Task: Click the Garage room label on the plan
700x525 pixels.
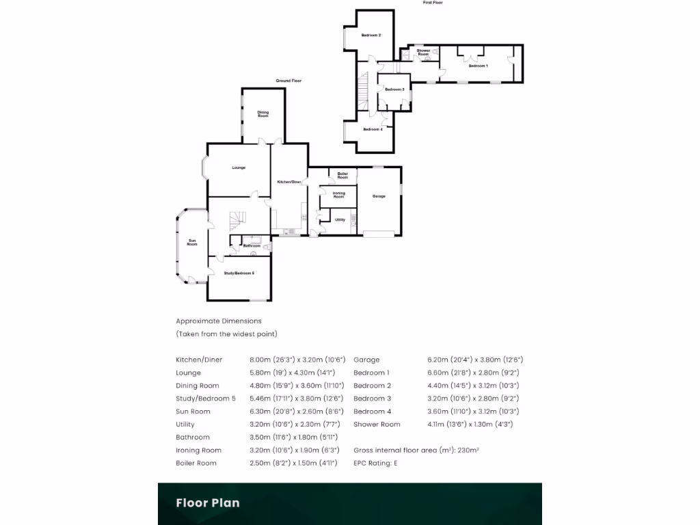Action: (379, 196)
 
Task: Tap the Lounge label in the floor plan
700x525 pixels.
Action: (239, 167)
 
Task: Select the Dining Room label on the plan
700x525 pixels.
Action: (263, 114)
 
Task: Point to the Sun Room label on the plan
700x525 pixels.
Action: (192, 242)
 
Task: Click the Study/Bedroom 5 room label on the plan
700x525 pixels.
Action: (239, 273)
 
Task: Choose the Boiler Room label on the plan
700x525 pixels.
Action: (342, 176)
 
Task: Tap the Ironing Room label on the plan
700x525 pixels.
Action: (339, 195)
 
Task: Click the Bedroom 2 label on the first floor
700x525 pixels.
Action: (371, 35)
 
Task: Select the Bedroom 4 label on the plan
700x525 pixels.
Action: (373, 129)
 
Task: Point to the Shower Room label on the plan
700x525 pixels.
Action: (424, 52)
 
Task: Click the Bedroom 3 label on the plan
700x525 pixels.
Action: (394, 90)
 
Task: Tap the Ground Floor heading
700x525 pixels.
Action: (288, 81)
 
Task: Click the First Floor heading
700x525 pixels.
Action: (433, 3)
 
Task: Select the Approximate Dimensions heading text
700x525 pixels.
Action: (219, 321)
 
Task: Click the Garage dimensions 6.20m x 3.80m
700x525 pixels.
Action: (475, 360)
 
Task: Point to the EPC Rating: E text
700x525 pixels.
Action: (375, 463)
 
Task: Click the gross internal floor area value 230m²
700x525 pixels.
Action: (469, 450)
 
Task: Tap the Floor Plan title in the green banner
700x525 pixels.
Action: (208, 503)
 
